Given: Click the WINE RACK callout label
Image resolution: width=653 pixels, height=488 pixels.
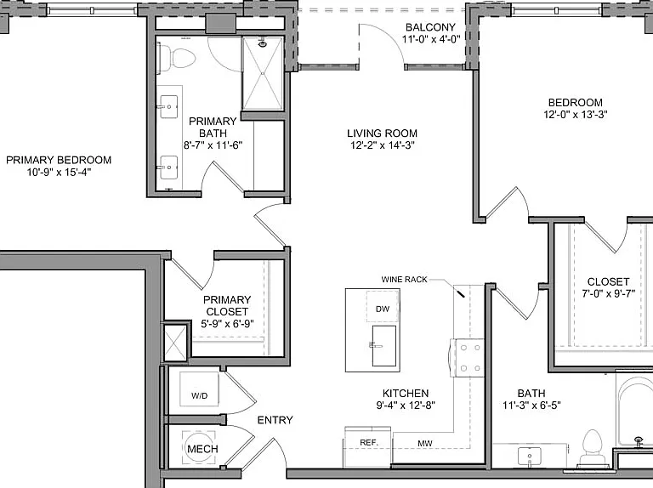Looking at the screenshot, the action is click(404, 280).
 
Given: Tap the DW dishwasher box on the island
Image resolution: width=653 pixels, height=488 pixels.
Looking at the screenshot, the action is click(383, 306).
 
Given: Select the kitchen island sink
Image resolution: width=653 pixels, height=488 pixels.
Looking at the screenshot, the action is click(383, 346).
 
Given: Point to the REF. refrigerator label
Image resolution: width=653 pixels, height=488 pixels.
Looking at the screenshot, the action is click(369, 443).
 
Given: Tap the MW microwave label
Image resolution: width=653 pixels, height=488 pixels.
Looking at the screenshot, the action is click(425, 444).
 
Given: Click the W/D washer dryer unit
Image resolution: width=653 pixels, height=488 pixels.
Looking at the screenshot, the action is click(199, 389).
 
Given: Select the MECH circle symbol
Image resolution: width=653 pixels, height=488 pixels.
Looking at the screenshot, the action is click(199, 447).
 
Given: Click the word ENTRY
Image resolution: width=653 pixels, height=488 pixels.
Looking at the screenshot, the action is click(275, 420).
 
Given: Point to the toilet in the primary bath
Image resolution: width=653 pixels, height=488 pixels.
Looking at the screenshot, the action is click(178, 58).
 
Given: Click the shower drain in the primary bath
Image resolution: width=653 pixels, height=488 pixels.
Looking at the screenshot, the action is click(263, 73).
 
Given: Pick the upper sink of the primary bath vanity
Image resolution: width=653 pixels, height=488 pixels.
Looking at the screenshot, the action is click(168, 106).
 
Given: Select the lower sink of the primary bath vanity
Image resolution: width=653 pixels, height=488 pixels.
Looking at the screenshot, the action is click(168, 167).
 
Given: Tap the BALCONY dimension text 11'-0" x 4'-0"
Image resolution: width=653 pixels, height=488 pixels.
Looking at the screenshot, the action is click(430, 39).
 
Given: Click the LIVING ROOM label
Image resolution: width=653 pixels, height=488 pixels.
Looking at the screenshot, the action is click(382, 133).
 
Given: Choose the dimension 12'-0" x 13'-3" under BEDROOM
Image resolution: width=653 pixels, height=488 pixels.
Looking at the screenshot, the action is click(575, 114).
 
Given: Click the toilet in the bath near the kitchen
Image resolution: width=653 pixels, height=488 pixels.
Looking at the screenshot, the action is click(592, 447).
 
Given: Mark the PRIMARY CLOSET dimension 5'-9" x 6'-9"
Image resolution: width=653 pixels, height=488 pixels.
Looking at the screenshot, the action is click(227, 324).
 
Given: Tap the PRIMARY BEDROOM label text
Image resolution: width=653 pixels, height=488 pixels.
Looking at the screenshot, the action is click(59, 160).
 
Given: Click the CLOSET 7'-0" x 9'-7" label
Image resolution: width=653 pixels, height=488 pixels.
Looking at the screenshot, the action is click(608, 287).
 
